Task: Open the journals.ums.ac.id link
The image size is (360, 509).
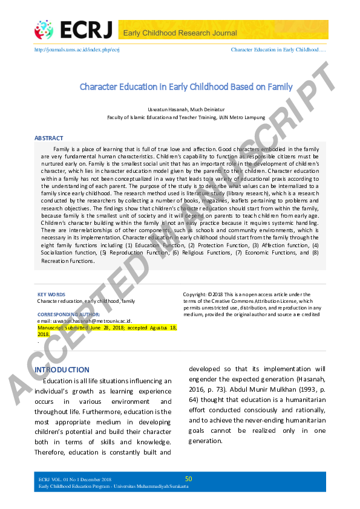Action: [77, 49]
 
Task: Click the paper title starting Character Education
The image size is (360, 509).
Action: [186, 86]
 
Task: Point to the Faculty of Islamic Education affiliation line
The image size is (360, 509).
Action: [186, 118]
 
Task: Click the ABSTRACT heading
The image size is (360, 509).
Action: [48, 138]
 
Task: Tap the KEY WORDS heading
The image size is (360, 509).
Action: [51, 294]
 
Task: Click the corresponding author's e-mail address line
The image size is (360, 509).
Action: [84, 321]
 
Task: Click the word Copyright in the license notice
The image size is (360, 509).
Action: [194, 294]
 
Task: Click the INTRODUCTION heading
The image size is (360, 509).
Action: [62, 369]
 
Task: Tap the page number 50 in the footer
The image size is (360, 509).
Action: [188, 479]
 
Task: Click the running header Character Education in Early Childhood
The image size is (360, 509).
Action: [279, 49]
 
